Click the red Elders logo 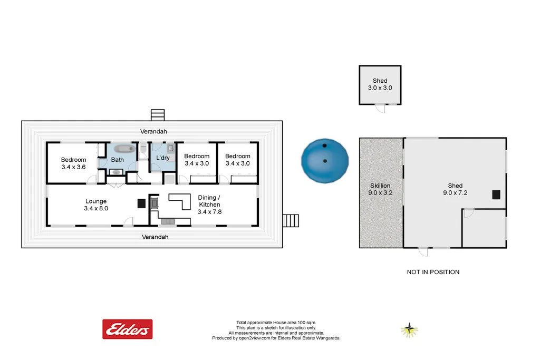point(127,329)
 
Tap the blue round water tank point(325,160)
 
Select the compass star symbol point(409,330)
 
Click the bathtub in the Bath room point(124,149)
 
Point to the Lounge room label point(95,205)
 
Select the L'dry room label point(162,158)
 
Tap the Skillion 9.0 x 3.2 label point(380,189)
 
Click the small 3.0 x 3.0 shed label point(380,84)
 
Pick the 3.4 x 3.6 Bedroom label point(73,163)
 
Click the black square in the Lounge point(141,203)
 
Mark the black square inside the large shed point(496,194)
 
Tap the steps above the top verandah point(158,114)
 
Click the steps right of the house point(291,220)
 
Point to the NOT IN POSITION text point(433,272)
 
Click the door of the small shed point(379,109)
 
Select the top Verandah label point(153,131)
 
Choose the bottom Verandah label point(155,237)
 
